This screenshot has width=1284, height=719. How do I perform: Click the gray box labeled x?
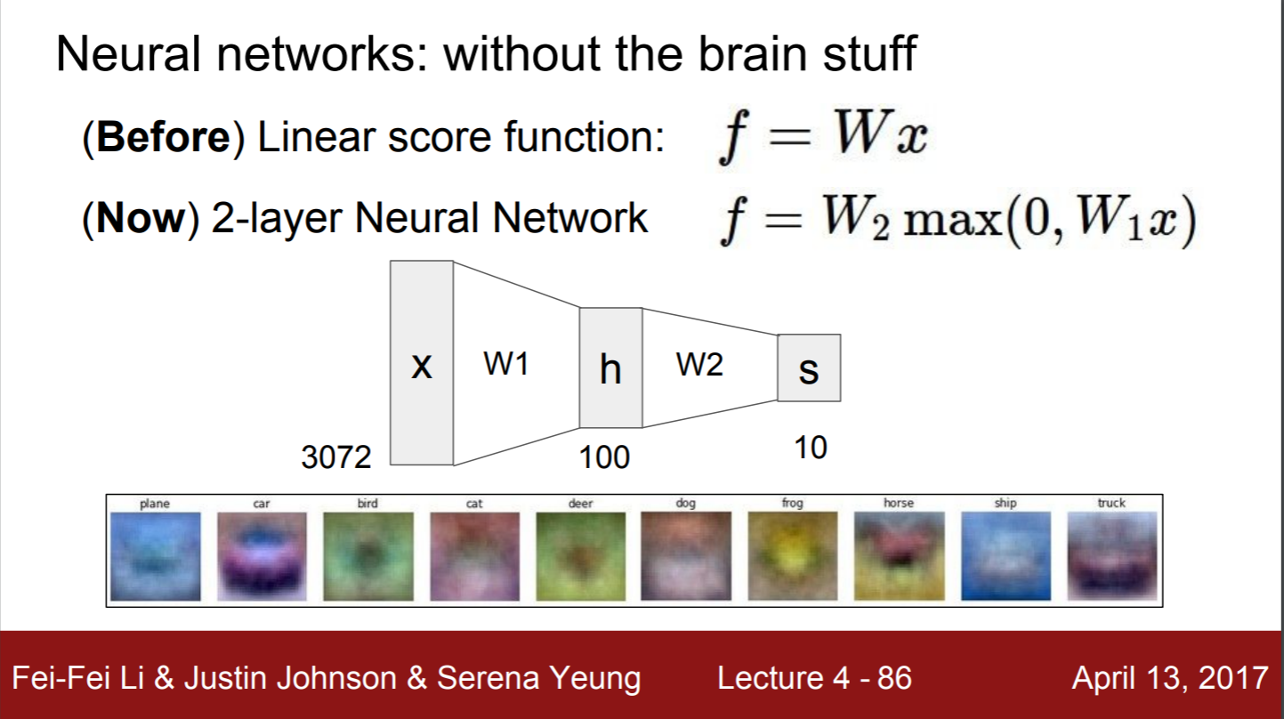point(422,363)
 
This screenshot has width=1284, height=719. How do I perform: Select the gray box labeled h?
point(610,368)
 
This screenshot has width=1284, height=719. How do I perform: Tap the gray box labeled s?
point(809,368)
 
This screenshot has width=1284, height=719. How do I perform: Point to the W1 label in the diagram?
point(506,363)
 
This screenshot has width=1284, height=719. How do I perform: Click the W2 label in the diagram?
point(700,363)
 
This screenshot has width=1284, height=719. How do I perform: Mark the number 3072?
point(335,457)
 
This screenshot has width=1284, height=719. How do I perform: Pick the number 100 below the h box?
point(604,457)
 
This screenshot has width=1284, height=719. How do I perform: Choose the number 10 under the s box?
point(811,448)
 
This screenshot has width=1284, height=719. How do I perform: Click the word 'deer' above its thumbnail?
point(580,504)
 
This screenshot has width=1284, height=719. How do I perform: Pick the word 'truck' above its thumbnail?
point(1111,504)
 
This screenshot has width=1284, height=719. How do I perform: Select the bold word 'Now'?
point(139,219)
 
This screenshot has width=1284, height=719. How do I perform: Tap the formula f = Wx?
point(823,139)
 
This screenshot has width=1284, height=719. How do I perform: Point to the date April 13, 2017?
point(1169,678)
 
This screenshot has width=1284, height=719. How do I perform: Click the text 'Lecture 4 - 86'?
point(814,678)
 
